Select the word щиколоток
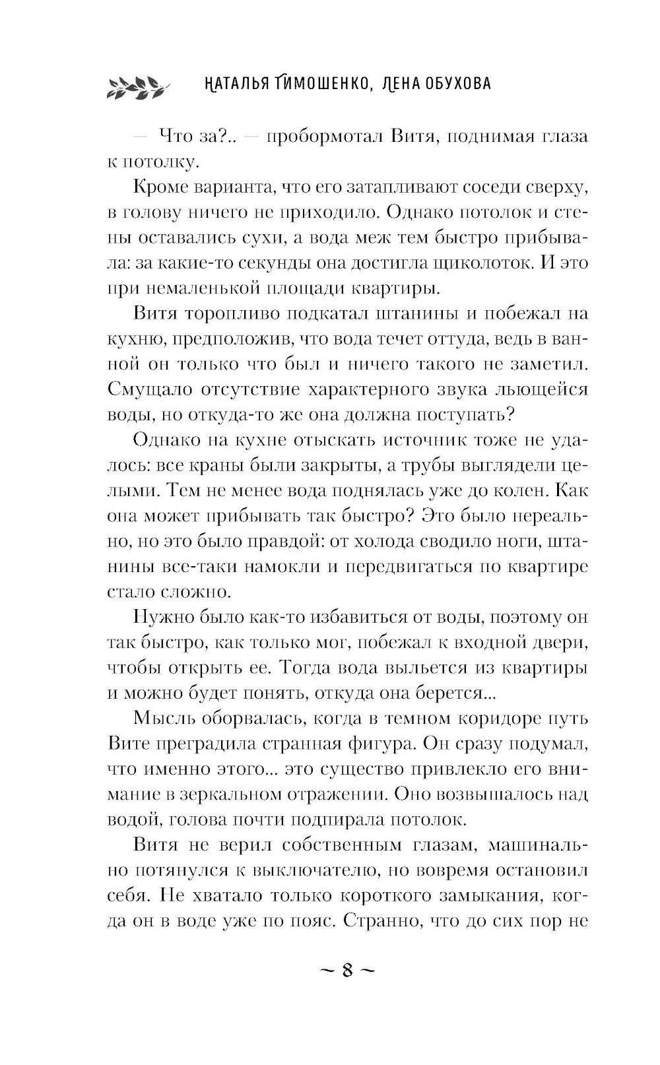click(x=483, y=263)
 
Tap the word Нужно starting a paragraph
click(x=162, y=617)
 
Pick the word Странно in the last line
click(x=383, y=920)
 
